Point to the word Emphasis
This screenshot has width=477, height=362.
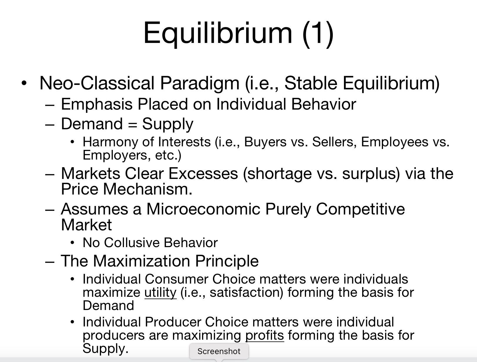tap(97, 104)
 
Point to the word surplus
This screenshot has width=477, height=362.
tap(370, 174)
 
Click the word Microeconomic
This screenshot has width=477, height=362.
tap(203, 209)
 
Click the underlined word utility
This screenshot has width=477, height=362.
tap(160, 293)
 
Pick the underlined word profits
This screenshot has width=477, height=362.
tap(265, 335)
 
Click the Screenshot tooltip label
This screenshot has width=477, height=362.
tap(219, 351)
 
